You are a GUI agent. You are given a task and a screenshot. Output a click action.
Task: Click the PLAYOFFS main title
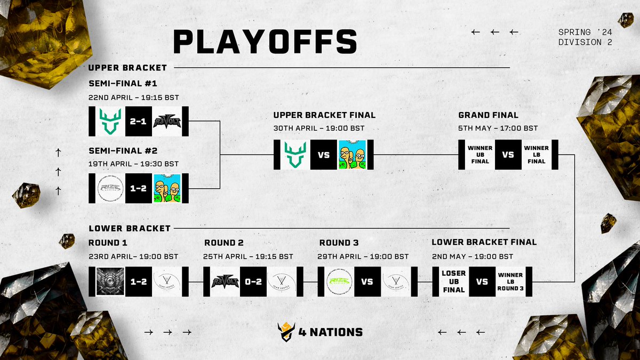[x=265, y=42]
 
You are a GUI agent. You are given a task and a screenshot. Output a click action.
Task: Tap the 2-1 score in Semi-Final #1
[x=139, y=121]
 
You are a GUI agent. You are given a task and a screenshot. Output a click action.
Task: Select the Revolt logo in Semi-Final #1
[x=167, y=121]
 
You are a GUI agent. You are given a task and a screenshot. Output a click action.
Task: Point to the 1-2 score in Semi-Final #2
[x=139, y=188]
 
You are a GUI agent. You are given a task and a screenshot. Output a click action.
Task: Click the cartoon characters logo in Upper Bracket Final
[x=352, y=155]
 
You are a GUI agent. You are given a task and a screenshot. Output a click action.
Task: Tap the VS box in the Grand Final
[x=508, y=155]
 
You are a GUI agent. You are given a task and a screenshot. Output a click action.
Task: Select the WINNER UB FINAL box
[x=479, y=155]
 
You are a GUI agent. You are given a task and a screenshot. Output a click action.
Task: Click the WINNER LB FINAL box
[x=536, y=155]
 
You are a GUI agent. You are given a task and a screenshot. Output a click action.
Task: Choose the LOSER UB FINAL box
[x=453, y=282]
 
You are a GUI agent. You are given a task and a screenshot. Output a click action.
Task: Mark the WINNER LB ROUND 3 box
[x=510, y=282]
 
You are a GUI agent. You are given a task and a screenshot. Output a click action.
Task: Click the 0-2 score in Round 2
[x=253, y=282]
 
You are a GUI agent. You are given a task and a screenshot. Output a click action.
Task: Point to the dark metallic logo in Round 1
[x=110, y=282]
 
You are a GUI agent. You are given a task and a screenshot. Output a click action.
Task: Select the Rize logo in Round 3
[x=339, y=282]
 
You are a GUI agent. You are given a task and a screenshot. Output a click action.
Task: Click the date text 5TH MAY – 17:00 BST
[x=498, y=128]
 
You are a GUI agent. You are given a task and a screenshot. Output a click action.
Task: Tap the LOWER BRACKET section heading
[x=129, y=228]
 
